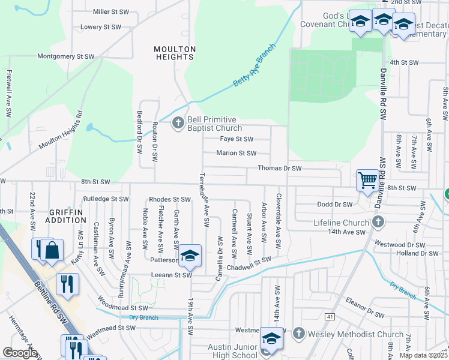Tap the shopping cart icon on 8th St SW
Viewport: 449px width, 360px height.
pyautogui.click(x=367, y=179)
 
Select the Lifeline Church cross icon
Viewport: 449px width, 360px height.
pyautogui.click(x=378, y=223)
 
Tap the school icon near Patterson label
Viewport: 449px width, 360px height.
pyautogui.click(x=190, y=256)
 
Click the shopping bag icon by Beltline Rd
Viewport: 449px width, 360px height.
pyautogui.click(x=52, y=250)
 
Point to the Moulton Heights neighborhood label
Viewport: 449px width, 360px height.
pyautogui.click(x=174, y=53)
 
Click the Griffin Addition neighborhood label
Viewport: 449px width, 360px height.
pyautogui.click(x=68, y=216)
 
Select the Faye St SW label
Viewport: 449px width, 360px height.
pyautogui.click(x=237, y=139)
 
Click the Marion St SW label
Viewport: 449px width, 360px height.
pyautogui.click(x=237, y=153)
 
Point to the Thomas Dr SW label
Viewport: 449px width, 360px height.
pyautogui.click(x=279, y=169)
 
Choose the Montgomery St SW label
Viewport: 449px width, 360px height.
pyautogui.click(x=66, y=56)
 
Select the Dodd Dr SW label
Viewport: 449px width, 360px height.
pyautogui.click(x=334, y=205)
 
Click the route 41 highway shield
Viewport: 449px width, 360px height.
pyautogui.click(x=330, y=316)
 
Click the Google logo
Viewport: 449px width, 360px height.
pyautogui.click(x=19, y=353)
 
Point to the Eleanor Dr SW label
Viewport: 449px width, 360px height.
pyautogui.click(x=369, y=313)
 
